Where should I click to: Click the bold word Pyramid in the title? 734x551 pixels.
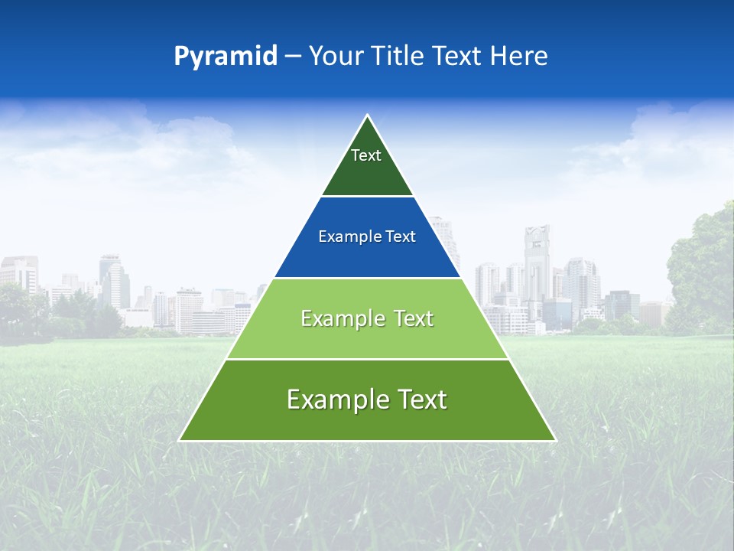[226, 57]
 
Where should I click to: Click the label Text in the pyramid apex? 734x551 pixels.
[366, 155]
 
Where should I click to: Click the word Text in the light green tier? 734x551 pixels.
[410, 318]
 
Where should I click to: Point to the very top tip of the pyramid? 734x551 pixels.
[368, 116]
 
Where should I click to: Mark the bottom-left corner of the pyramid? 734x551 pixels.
[180, 440]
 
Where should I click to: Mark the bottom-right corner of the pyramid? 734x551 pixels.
[555, 440]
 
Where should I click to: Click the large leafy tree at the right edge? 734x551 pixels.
[702, 268]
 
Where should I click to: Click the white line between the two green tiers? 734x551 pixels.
[367, 359]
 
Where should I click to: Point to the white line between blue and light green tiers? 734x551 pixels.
[367, 278]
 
